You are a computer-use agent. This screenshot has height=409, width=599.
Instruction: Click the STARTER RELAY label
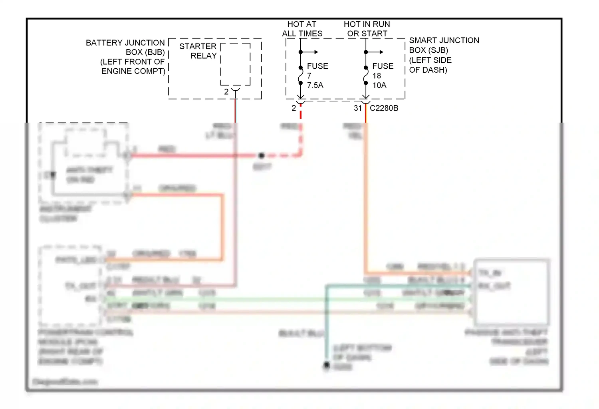198,51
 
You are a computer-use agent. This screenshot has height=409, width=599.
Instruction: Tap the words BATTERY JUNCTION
125,43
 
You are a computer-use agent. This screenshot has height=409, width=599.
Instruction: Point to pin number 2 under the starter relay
226,92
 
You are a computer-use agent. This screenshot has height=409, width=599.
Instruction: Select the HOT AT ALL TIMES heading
302,29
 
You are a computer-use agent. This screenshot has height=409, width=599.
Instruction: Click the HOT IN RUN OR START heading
367,29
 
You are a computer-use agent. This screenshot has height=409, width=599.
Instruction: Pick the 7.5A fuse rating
315,85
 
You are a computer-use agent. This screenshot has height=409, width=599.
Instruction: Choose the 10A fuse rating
379,85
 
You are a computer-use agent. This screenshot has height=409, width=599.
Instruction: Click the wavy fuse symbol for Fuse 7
301,75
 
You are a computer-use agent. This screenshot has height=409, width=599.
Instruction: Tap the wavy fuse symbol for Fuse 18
366,75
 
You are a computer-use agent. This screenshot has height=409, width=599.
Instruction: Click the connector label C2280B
384,108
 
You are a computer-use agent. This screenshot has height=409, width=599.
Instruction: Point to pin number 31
358,108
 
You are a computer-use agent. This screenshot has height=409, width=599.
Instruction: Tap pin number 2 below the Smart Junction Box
294,108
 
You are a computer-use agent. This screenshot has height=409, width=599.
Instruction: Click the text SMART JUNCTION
444,40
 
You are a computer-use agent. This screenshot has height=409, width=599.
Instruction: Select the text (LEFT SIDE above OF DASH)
430,60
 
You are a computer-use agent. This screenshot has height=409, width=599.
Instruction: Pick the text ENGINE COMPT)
133,71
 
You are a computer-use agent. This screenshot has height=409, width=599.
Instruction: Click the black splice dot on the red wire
261,155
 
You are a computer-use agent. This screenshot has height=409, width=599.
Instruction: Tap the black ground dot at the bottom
326,365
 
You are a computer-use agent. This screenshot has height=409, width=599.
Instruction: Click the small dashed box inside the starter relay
236,64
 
